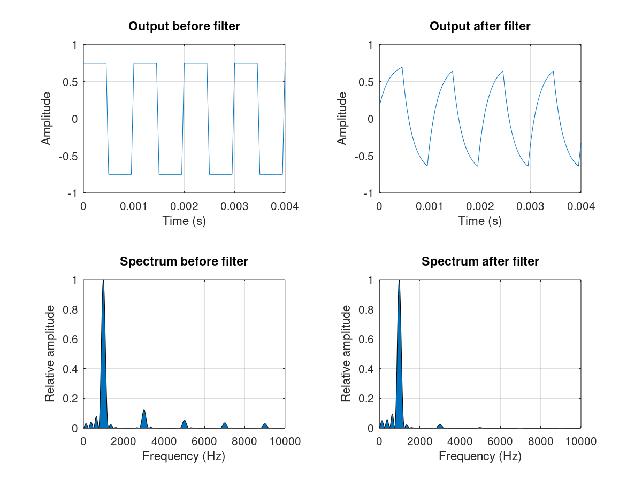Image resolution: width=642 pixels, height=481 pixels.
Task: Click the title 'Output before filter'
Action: (184, 26)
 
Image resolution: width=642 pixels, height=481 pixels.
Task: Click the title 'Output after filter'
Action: (480, 26)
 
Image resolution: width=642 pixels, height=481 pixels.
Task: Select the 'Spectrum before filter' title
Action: (184, 261)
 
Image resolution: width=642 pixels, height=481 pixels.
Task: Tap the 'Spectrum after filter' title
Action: (480, 261)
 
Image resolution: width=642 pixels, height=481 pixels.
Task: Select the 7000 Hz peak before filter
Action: (225, 425)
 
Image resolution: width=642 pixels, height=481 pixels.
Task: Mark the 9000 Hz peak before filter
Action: (265, 425)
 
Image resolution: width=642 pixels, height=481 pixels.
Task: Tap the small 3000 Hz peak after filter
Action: (440, 426)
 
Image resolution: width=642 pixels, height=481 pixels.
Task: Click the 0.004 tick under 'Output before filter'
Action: (285, 206)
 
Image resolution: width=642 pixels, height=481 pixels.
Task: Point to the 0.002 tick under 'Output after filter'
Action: (480, 206)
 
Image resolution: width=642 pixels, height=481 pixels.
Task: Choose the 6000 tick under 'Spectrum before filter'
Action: (204, 441)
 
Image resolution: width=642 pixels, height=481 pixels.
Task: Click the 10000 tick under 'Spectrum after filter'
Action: (580, 441)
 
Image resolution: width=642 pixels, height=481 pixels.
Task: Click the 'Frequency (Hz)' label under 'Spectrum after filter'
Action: (480, 456)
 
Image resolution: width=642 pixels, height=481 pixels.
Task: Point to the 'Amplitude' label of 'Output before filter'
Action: (47, 119)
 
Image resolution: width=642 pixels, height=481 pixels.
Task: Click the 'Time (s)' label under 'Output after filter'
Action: (480, 221)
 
